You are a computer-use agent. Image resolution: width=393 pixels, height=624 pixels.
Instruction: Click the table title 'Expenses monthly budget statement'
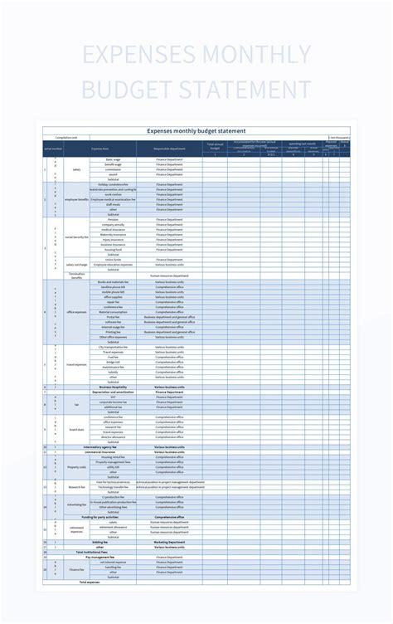point(196,130)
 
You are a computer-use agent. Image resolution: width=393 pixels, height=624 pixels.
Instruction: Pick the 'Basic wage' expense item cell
point(113,159)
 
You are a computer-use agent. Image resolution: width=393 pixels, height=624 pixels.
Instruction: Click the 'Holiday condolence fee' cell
point(113,184)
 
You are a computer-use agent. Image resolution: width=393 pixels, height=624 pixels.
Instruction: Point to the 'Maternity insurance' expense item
point(113,235)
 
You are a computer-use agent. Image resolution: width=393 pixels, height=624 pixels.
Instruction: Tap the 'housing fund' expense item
point(113,250)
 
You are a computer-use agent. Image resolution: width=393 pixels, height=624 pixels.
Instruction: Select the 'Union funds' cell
point(113,260)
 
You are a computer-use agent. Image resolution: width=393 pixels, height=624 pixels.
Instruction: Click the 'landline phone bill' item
point(113,286)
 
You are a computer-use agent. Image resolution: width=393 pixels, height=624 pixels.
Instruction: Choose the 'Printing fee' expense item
point(113,332)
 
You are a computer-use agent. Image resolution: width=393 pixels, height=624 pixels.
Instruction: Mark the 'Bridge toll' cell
point(113,362)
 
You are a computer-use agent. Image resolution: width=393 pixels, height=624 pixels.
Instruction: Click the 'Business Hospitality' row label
point(113,387)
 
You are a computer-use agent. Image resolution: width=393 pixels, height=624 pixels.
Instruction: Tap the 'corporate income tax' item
point(113,402)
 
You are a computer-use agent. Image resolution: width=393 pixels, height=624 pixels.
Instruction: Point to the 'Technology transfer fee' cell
point(113,486)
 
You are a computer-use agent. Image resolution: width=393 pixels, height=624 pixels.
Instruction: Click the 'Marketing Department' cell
point(169,541)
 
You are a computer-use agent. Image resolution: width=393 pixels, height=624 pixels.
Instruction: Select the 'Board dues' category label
point(76,429)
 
